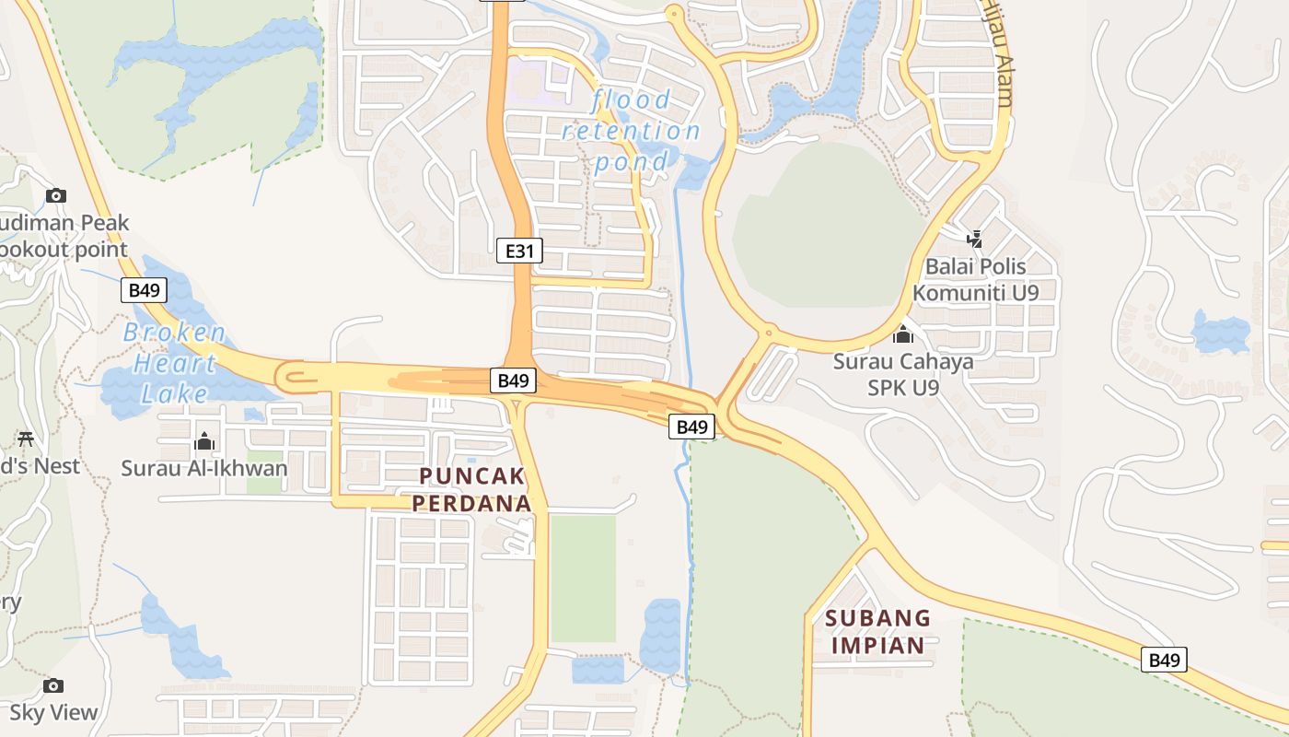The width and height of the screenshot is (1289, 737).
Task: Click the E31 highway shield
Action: point(519,250)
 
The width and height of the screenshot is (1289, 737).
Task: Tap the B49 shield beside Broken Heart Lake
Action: point(144,290)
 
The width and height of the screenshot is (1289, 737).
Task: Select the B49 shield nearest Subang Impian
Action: point(1165,660)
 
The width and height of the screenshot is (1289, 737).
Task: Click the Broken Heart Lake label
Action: point(174,363)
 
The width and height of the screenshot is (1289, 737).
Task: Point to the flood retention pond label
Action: point(632,131)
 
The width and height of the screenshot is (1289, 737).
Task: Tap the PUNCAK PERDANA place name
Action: point(471,489)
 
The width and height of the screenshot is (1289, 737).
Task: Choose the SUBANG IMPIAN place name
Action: point(878,631)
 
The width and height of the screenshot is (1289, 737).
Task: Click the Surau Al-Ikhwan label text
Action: point(204,468)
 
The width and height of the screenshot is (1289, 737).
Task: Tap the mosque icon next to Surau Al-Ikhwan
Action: point(204,442)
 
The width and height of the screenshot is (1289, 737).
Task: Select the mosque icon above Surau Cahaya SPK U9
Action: point(903,334)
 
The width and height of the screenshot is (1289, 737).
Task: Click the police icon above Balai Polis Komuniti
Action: point(974,240)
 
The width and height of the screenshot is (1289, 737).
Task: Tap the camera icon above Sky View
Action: point(53,685)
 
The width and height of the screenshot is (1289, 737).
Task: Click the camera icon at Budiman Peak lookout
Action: point(56,195)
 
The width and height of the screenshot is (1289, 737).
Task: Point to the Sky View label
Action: point(53,712)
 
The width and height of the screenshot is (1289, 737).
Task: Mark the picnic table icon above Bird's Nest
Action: point(26,439)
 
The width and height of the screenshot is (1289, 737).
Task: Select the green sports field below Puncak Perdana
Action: point(583,579)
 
